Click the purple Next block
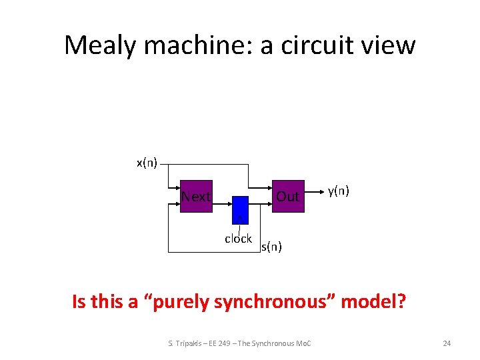tap(196, 196)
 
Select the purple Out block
tap(287, 196)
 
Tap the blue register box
tap(240, 207)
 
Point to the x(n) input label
tap(147, 163)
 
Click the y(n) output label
tap(339, 191)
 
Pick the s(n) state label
tap(271, 247)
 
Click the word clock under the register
tap(238, 239)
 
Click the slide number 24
tap(447, 343)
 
